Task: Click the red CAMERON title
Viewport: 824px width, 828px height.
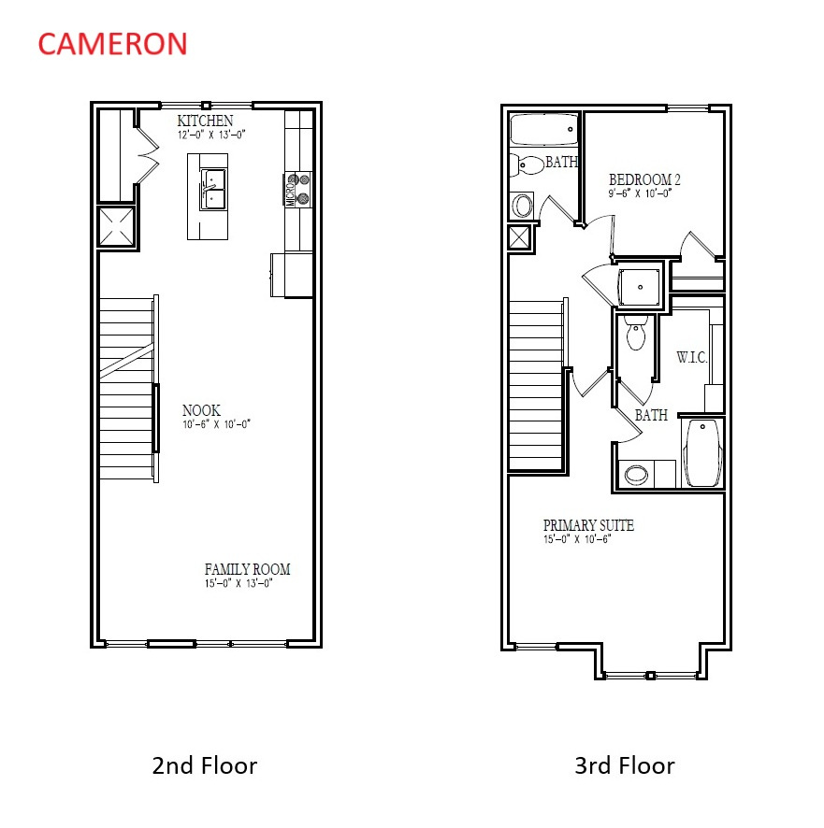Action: pos(112,44)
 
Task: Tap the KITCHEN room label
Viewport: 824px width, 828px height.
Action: pos(205,121)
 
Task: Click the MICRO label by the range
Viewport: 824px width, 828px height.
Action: pos(290,193)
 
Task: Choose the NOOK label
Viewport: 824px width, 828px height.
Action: pos(201,410)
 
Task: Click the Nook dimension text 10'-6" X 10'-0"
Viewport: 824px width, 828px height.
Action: pos(217,423)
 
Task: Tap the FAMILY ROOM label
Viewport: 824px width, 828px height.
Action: pos(247,569)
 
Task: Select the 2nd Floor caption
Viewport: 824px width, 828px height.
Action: pos(204,766)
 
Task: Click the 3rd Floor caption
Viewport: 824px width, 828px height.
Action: pos(624,766)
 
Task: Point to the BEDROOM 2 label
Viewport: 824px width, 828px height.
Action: pos(644,179)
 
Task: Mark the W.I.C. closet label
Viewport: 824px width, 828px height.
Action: pos(691,358)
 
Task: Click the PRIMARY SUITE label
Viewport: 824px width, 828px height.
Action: pos(588,525)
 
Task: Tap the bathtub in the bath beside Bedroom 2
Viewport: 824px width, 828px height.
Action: pos(544,130)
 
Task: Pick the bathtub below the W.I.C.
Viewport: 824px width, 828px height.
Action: pos(701,451)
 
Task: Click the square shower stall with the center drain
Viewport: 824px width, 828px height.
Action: pos(641,285)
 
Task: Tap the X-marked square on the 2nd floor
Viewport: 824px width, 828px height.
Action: pos(117,226)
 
